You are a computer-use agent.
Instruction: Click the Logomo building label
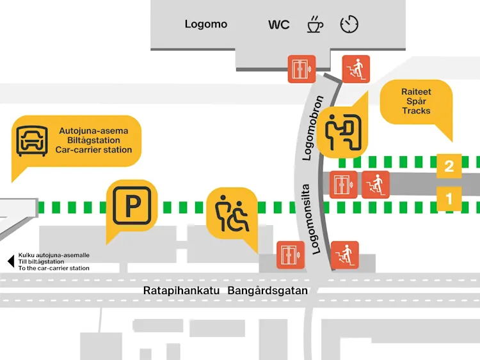(206, 24)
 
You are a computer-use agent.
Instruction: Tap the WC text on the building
(278, 25)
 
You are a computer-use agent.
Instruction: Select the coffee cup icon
(314, 24)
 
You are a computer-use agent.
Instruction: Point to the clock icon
(349, 24)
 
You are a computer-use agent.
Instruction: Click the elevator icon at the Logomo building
(301, 69)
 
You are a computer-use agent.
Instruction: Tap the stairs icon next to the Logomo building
(356, 69)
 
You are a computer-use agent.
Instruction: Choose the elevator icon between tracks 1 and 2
(344, 184)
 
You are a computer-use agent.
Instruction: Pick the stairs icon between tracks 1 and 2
(376, 184)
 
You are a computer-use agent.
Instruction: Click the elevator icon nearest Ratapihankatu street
(291, 255)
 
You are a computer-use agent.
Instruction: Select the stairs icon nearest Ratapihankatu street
(344, 255)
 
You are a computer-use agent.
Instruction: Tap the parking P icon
(131, 205)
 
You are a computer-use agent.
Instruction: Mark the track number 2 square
(449, 166)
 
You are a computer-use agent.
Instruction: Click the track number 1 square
(449, 199)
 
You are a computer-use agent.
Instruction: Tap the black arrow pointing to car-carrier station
(10, 262)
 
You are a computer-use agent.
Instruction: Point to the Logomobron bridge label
(316, 128)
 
